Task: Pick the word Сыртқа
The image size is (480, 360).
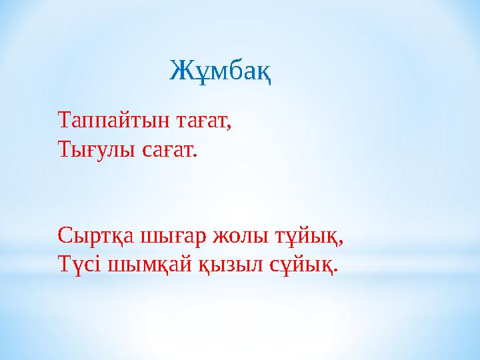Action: [97, 237]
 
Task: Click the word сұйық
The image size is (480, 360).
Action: [301, 265]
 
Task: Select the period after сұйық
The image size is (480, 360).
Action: [335, 270]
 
